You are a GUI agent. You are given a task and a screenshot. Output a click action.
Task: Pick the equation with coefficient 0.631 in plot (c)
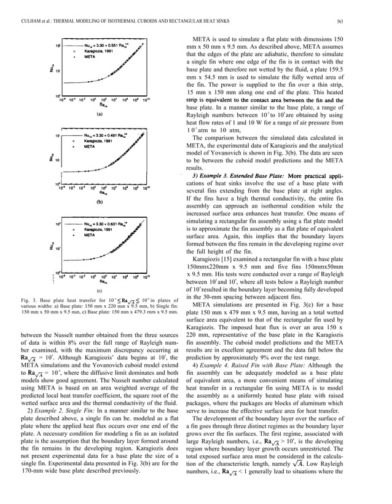pos(107,223)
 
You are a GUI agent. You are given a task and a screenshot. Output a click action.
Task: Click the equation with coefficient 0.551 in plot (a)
pos(107,46)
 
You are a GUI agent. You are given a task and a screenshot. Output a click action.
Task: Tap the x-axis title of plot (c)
pos(100,282)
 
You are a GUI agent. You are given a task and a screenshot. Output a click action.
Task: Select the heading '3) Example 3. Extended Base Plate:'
pos(236,177)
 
